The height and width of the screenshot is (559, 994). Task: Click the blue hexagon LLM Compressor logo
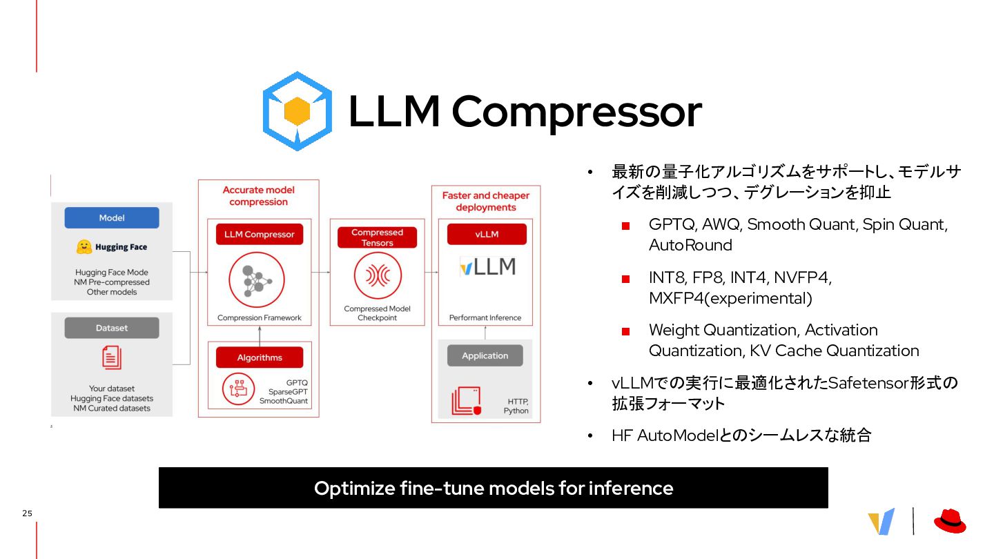297,111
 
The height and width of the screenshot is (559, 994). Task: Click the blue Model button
112,217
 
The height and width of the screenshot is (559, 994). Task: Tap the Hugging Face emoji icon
84,246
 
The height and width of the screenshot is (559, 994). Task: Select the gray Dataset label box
112,328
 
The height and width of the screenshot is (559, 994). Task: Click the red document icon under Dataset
111,357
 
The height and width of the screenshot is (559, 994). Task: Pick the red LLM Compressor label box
259,234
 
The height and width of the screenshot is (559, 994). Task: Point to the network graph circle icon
259,279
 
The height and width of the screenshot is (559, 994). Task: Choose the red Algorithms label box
259,357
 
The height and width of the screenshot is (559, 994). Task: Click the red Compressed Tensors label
377,237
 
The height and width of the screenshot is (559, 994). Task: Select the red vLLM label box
487,234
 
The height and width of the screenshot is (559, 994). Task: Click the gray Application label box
485,355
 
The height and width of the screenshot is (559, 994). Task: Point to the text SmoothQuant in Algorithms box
284,401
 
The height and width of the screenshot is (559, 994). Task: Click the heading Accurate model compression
259,196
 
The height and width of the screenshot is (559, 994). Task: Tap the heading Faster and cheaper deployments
486,201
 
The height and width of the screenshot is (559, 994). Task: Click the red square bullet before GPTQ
626,226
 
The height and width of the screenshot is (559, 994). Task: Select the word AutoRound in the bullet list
690,246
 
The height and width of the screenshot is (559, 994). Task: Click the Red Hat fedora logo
950,521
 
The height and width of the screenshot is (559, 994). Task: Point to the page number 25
27,513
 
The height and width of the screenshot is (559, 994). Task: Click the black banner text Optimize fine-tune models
493,488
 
